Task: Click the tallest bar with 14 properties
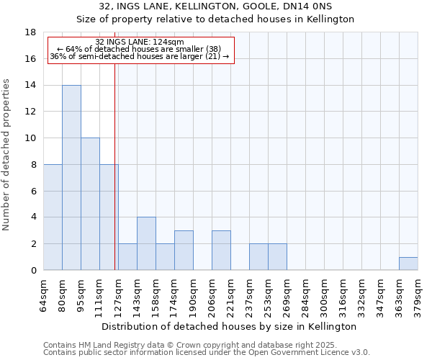coord(71,178)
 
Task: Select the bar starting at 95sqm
coord(90,204)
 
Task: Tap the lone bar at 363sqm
coord(408,264)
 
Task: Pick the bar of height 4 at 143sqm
coord(146,243)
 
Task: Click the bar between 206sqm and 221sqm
coord(221,250)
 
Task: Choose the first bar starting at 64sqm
coord(53,217)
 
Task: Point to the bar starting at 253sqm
coord(277,257)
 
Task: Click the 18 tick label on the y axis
coord(31,32)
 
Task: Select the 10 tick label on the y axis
coord(31,138)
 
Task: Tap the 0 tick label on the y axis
coord(34,271)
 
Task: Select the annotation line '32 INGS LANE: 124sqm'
coord(140,42)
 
